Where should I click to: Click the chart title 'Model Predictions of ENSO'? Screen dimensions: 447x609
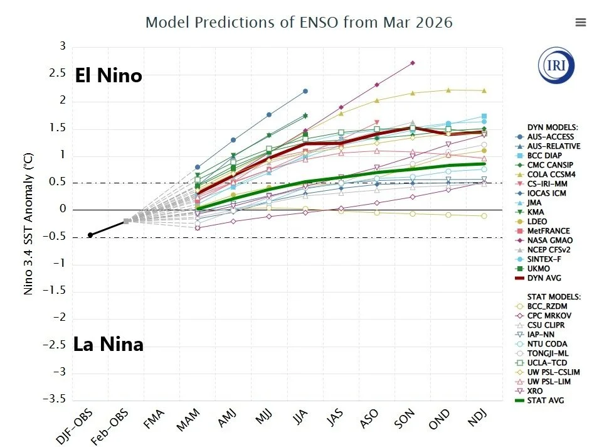pyautogui.click(x=299, y=23)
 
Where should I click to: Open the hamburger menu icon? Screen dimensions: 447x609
pyautogui.click(x=580, y=23)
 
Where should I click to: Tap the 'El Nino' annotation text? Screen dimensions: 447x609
pyautogui.click(x=109, y=76)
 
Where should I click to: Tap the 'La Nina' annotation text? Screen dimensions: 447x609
pyautogui.click(x=108, y=344)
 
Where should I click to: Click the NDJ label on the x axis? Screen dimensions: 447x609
pyautogui.click(x=477, y=421)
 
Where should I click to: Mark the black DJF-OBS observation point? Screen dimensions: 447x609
pyautogui.click(x=90, y=235)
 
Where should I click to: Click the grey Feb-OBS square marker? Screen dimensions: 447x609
pyautogui.click(x=126, y=221)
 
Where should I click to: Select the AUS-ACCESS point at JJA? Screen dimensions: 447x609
pyautogui.click(x=305, y=91)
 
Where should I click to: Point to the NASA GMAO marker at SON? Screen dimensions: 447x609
pyautogui.click(x=412, y=63)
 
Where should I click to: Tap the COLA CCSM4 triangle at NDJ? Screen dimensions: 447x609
pyautogui.click(x=484, y=90)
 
